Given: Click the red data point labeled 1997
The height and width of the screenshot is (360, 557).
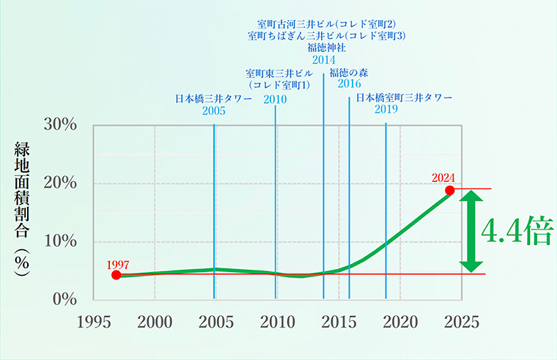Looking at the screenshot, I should click(116, 275).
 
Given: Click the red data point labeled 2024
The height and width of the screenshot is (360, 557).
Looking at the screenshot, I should click(450, 190).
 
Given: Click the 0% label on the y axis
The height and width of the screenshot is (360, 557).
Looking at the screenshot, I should click(66, 299).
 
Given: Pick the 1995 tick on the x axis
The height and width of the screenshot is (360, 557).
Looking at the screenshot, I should click(93, 321).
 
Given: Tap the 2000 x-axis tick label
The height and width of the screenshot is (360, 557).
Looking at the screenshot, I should click(155, 321).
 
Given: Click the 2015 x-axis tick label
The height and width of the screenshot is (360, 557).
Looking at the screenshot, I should click(339, 321).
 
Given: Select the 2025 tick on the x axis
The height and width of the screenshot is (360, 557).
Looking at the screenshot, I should click(461, 321).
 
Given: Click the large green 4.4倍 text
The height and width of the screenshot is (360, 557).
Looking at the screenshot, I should click(517, 232).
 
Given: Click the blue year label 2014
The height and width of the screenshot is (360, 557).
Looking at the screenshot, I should click(323, 60).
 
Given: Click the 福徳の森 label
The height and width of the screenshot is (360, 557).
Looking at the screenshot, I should click(349, 72).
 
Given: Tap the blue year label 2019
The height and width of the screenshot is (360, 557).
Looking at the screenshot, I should click(386, 109).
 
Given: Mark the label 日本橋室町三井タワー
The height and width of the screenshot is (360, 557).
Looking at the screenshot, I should click(405, 97).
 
